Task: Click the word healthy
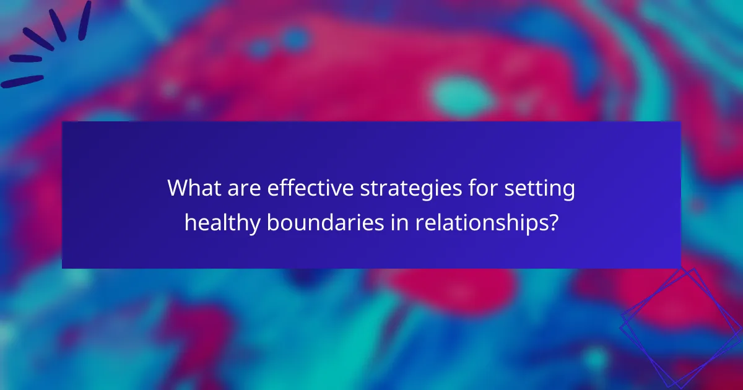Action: click(222, 223)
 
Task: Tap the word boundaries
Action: click(324, 222)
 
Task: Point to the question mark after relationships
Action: click(552, 222)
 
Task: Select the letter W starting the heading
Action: click(178, 189)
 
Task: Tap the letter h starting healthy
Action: click(189, 222)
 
